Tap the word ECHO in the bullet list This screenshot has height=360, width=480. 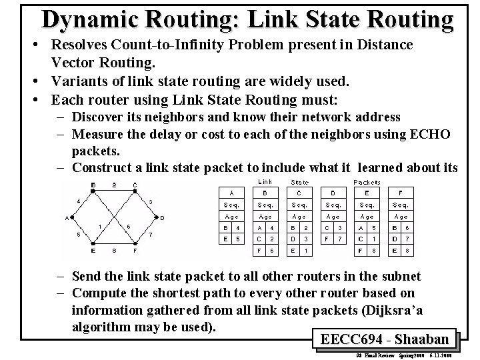pos(428,134)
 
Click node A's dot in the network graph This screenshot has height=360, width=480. pos(73,217)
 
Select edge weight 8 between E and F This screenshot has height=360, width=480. pos(114,251)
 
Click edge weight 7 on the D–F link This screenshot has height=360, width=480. pos(151,234)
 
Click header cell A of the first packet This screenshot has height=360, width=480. pos(231,193)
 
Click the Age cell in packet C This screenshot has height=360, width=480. pos(299,217)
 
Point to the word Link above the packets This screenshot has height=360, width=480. pos(265,181)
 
